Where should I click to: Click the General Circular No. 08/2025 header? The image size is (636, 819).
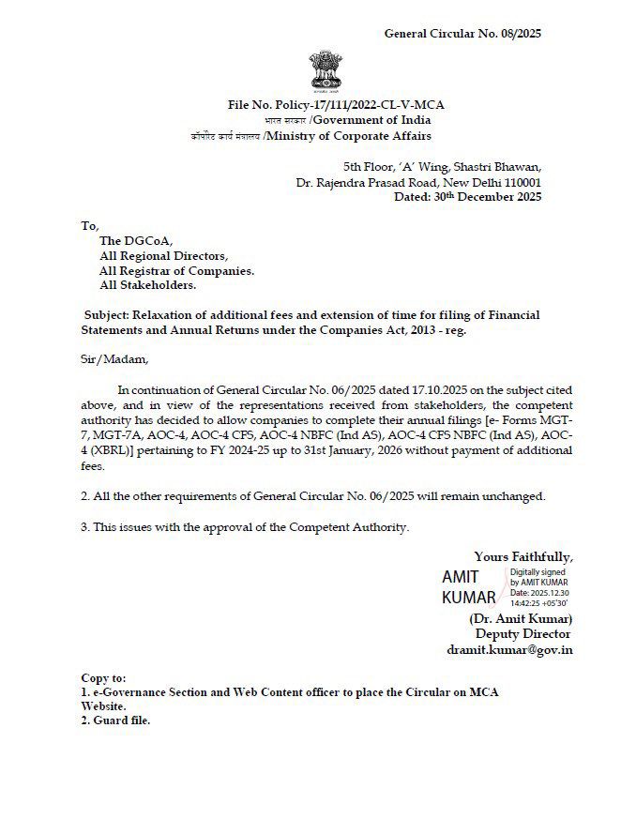tap(462, 34)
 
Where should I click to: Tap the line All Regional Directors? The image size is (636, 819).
tap(163, 255)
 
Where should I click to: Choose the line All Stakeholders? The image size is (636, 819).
tap(147, 285)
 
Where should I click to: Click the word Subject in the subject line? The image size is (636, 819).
tap(107, 315)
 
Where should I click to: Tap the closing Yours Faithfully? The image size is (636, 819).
tap(523, 555)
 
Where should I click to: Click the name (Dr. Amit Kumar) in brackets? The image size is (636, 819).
tap(521, 618)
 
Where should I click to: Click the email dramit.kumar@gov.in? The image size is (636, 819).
tap(509, 649)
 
